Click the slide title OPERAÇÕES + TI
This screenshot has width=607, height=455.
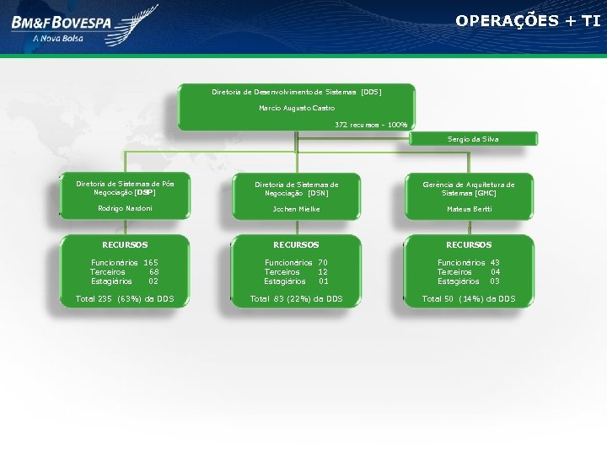(x=528, y=20)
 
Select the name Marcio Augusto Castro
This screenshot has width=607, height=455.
(x=297, y=108)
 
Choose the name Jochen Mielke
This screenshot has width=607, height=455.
(x=296, y=209)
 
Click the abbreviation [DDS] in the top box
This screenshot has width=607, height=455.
(x=371, y=91)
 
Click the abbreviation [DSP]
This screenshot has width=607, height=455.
(x=144, y=192)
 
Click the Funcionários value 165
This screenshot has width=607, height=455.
(x=151, y=263)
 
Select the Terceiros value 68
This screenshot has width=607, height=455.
(x=154, y=272)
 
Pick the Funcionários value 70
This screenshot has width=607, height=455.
(x=323, y=263)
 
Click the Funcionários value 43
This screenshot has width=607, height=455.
(x=495, y=263)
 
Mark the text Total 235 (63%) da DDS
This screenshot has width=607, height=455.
(x=125, y=298)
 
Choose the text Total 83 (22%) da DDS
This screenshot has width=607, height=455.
(x=297, y=298)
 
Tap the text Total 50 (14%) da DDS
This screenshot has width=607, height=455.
(x=469, y=298)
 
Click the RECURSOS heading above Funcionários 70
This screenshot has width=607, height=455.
(x=296, y=245)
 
